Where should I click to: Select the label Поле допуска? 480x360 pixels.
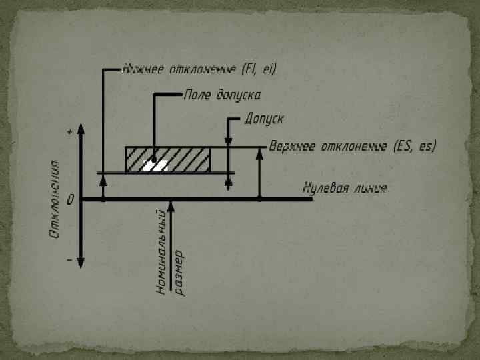point(222,95)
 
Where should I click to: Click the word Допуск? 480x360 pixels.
point(264,119)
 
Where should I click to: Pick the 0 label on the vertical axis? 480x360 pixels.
point(70,199)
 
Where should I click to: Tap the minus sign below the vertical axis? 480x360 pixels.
point(69,259)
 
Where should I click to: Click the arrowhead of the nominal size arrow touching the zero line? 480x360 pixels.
point(171,206)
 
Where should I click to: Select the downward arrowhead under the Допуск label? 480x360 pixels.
point(229,141)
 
